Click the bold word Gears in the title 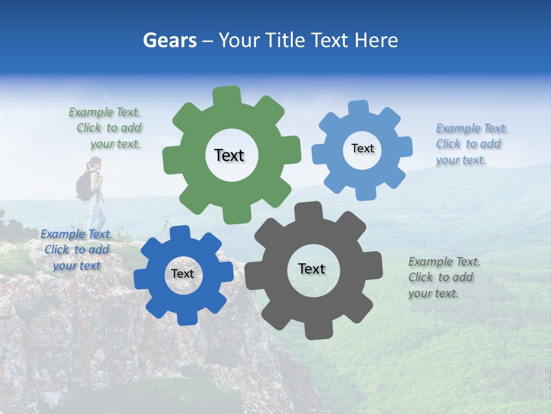click(x=169, y=40)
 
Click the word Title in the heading click(x=285, y=40)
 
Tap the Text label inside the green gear click(x=229, y=155)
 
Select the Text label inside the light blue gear click(x=362, y=148)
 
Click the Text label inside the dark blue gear click(x=183, y=274)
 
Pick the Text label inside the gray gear click(x=312, y=269)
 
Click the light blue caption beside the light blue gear click(x=471, y=144)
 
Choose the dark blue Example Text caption click(x=76, y=250)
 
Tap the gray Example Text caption click(x=444, y=277)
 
